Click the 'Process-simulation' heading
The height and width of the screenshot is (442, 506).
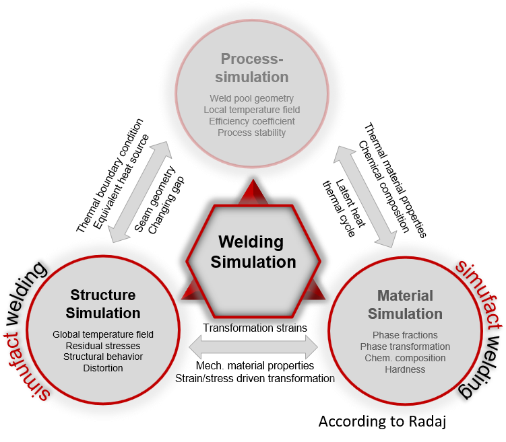[x=253, y=67]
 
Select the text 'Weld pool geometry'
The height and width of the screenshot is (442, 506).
[x=251, y=99]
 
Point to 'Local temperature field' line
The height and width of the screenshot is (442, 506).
[x=251, y=110]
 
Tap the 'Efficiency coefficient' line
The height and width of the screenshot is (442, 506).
[x=251, y=121]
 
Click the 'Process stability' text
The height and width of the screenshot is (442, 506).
[x=251, y=133]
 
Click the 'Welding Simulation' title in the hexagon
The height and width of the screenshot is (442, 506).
[x=253, y=252]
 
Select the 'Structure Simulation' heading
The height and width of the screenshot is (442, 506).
[x=103, y=304]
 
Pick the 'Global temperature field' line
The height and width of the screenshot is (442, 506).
[x=103, y=334]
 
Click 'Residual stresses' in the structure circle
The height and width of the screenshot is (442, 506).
[x=103, y=345]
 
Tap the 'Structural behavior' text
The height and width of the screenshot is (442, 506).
[x=103, y=357]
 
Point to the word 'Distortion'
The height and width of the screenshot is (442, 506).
[x=103, y=368]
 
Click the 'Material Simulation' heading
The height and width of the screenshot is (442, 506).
[x=405, y=305]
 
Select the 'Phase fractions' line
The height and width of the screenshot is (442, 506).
[x=405, y=335]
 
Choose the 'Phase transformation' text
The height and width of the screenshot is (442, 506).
[x=405, y=346]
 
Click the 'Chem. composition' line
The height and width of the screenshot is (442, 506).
[x=405, y=358]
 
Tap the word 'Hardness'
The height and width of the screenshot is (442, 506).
[x=405, y=369]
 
